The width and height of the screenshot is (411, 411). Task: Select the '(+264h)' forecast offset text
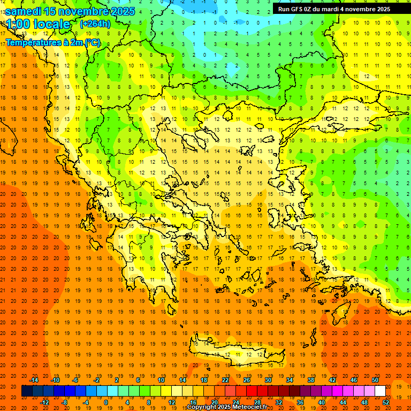click(x=95, y=24)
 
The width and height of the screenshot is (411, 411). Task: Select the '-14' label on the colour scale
click(x=34, y=380)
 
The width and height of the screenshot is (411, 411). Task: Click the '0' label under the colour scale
click(x=106, y=402)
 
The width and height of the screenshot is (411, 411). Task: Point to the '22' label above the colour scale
click(x=225, y=380)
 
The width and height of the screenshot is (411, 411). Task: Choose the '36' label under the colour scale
click(x=300, y=402)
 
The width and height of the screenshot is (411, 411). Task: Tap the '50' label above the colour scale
click(x=375, y=380)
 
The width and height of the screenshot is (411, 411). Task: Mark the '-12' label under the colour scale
click(x=45, y=402)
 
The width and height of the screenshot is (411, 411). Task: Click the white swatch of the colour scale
click(x=380, y=391)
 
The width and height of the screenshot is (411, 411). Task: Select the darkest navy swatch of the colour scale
click(x=27, y=391)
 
